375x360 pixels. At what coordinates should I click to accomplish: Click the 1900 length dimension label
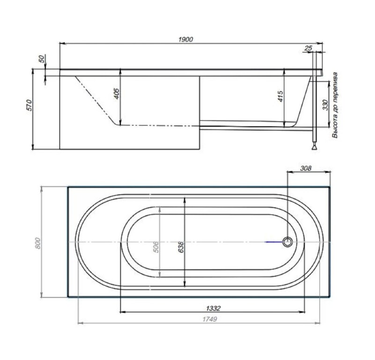(185, 39)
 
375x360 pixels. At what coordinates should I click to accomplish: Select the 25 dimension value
(308, 48)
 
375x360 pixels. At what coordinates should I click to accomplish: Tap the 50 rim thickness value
(42, 59)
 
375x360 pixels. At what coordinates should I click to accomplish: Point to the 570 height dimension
(29, 105)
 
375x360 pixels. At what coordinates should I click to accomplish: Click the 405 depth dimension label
(116, 94)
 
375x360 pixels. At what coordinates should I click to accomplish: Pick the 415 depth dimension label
(280, 96)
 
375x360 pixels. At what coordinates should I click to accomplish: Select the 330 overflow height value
(325, 105)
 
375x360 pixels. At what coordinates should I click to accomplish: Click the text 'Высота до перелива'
(335, 105)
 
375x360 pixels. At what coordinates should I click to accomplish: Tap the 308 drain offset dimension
(306, 168)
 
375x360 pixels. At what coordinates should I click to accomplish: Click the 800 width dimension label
(38, 243)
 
